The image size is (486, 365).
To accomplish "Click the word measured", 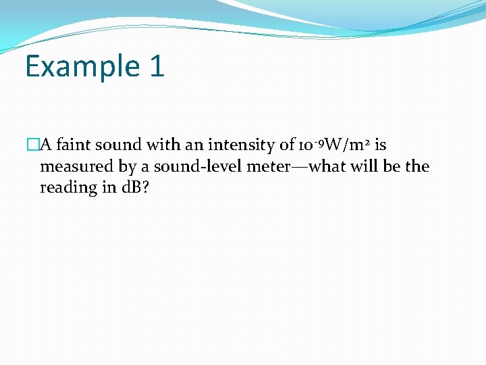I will pyautogui.click(x=73, y=166).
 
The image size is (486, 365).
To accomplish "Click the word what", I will pyautogui.click(x=325, y=166).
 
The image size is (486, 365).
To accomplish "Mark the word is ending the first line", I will pyautogui.click(x=380, y=145).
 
